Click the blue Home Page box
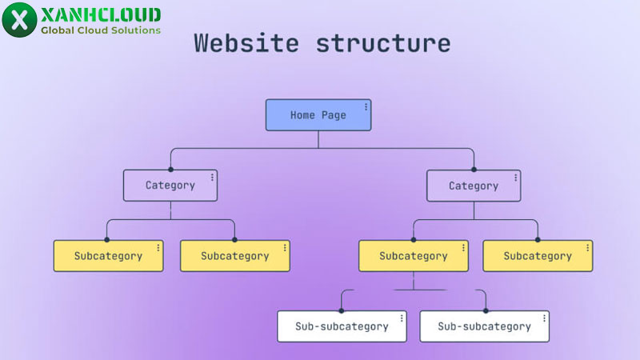(318, 115)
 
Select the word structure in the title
(382, 42)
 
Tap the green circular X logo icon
(19, 19)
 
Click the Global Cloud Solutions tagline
(100, 30)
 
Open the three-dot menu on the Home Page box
(366, 106)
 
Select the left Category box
(170, 186)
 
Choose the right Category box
(473, 186)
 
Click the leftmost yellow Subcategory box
(108, 256)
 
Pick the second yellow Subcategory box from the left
(234, 256)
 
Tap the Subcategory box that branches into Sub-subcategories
(413, 256)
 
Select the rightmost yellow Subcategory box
(538, 256)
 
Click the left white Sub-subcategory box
(342, 326)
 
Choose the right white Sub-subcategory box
(484, 326)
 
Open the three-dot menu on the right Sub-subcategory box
(545, 318)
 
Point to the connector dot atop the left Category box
(170, 170)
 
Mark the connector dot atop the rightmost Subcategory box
(538, 240)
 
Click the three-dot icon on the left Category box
(213, 177)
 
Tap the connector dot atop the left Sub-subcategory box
(342, 310)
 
